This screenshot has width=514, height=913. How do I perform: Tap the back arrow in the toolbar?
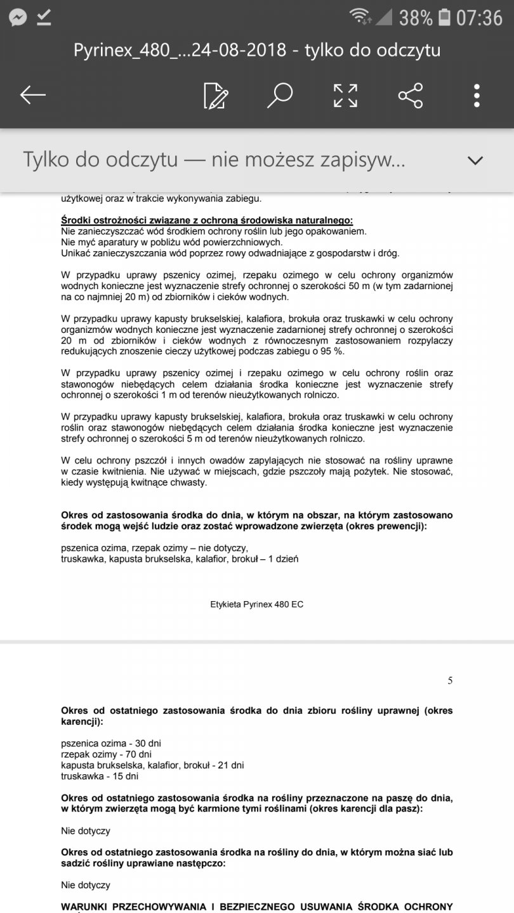33,95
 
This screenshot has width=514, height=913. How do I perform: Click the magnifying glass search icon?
279,95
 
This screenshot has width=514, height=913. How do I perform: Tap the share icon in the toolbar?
411,95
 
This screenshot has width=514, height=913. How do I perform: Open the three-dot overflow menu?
477,95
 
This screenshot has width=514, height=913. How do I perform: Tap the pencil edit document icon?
216,95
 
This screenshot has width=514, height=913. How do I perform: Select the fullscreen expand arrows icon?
345,95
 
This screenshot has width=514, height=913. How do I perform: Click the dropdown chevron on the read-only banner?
475,160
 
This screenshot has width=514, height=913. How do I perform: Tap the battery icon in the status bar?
445,18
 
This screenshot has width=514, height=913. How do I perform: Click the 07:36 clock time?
479,18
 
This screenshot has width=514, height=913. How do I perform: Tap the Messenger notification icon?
18,18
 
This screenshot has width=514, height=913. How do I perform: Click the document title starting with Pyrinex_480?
256,50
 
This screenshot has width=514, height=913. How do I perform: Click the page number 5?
450,681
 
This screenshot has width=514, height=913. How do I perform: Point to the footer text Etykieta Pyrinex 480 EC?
256,604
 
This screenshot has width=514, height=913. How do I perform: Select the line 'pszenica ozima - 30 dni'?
107,742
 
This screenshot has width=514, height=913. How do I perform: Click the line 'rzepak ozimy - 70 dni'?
106,754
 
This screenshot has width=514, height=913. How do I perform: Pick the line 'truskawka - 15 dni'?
100,776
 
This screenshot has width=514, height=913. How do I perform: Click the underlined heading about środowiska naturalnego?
207,221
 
